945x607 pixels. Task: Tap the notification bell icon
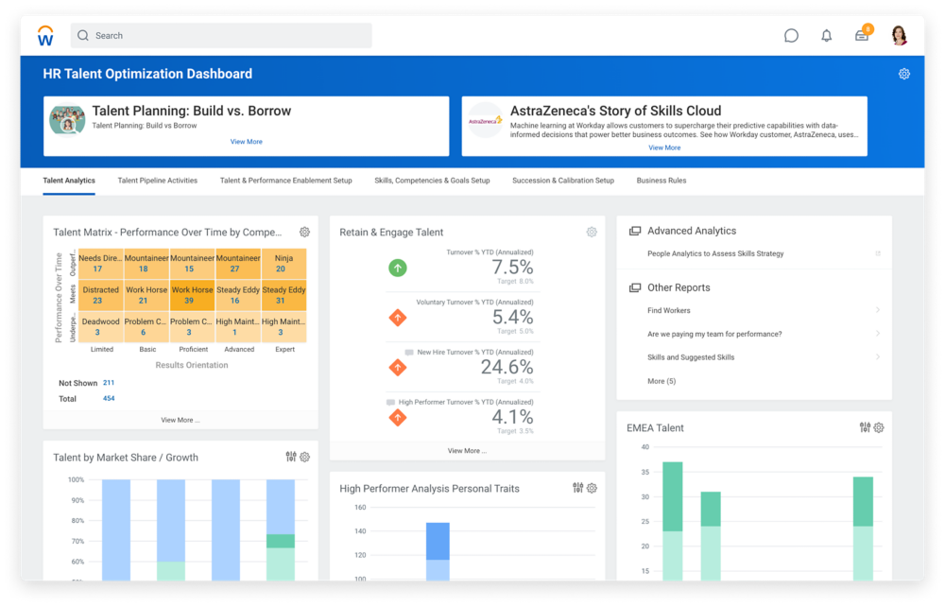coord(827,36)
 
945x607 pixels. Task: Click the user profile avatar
coord(899,36)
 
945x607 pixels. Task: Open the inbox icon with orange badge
coord(862,35)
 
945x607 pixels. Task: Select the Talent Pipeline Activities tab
coord(158,181)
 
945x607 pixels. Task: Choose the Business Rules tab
coord(661,181)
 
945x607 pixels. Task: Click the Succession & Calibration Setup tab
coord(563,181)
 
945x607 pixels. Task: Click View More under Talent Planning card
coord(247,142)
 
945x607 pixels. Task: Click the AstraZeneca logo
coord(486,121)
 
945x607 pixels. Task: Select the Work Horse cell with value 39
coord(192,295)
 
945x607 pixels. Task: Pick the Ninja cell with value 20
coord(283,263)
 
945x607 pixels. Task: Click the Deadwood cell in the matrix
coord(100,326)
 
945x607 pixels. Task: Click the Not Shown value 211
coord(109,383)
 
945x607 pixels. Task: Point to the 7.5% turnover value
coord(512,268)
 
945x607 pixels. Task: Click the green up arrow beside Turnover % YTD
coord(398,268)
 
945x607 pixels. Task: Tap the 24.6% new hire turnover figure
coord(507,367)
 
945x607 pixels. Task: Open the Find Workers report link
coord(669,310)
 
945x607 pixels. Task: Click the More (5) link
coord(661,381)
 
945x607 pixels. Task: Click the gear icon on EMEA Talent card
coord(879,427)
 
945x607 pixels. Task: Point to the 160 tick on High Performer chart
coord(360,508)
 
